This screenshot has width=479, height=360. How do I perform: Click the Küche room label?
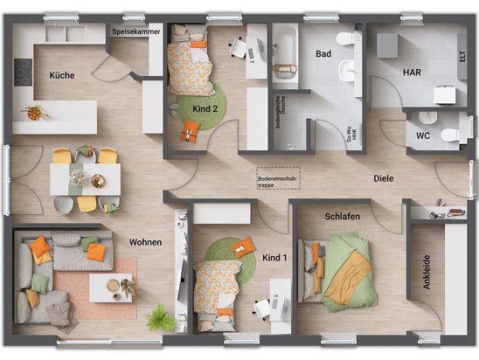coord(62,75)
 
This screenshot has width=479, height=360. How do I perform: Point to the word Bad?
coord(323,53)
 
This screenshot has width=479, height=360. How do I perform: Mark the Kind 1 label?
coord(274,258)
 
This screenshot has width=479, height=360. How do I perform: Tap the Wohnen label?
coord(145,242)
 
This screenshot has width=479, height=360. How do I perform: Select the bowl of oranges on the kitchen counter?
coord(35,113)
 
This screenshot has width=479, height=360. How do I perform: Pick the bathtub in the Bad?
coord(284,52)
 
